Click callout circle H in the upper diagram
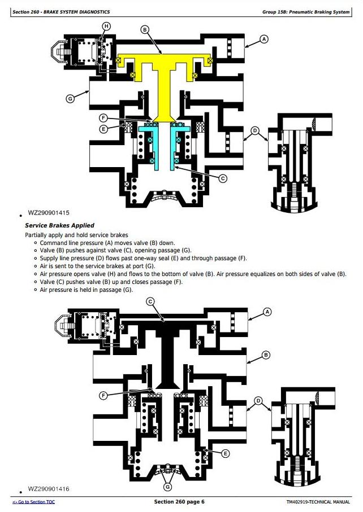106,26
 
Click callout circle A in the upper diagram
264,39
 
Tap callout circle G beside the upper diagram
70,99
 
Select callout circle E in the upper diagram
103,129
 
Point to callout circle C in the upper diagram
223,178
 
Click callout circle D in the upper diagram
255,131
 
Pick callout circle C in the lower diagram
150,301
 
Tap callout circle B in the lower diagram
266,355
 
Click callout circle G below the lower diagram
167,487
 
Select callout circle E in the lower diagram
225,453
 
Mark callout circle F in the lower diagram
103,396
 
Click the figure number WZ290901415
49,213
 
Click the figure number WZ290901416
49,489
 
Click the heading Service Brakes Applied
59,225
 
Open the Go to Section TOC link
34,502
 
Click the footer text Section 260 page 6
179,501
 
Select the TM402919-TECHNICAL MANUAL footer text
318,502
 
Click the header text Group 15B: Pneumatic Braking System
306,12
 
